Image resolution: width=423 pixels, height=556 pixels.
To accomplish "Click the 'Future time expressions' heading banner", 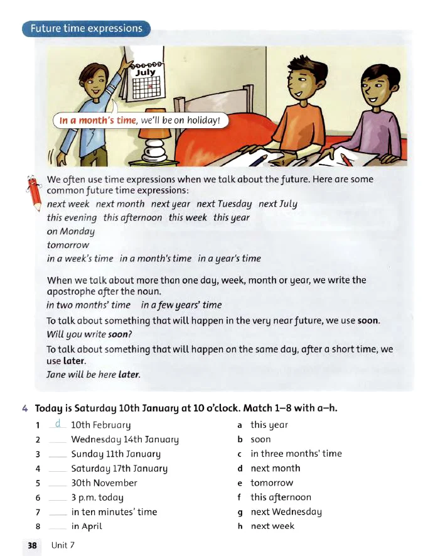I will pos(87,28).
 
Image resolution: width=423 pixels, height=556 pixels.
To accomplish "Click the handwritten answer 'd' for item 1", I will pos(57,424).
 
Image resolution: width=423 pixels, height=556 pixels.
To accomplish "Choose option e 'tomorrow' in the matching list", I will pos(272,483).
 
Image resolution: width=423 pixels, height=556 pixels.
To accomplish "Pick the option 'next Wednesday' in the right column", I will pos(286,512).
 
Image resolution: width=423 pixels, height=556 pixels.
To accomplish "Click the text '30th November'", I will pos(104,483).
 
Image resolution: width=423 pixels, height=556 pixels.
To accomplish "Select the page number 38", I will pos(32,545).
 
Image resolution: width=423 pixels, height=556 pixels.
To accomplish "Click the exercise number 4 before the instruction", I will pos(24,408).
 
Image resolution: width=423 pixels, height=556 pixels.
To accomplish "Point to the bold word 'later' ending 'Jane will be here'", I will pos(129,374).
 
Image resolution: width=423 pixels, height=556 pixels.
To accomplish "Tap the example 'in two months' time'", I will pos(88,305).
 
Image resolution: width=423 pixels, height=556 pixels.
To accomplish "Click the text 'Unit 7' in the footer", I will pos(63,545).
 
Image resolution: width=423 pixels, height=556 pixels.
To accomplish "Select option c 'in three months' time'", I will pos(296,454).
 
